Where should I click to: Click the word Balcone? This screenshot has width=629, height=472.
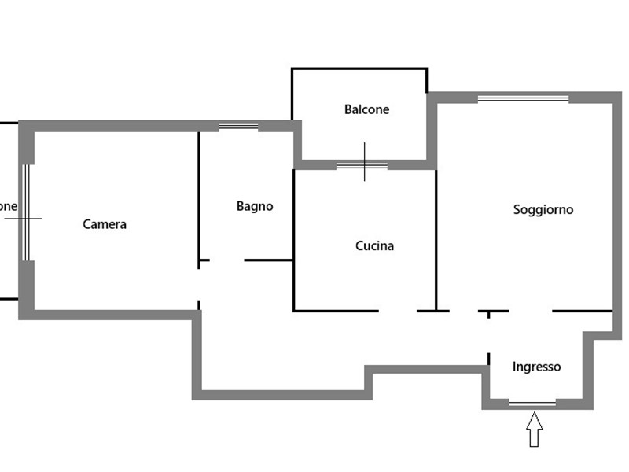[x=366, y=109]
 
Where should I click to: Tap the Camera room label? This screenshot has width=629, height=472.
[x=105, y=224]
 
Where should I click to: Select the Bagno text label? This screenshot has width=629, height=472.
[x=255, y=206]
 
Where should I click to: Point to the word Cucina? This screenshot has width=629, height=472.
[x=374, y=245]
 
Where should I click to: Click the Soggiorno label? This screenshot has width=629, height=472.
[x=543, y=209]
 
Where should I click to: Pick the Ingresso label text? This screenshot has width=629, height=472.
[x=536, y=367]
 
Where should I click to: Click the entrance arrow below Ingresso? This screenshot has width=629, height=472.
[x=534, y=430]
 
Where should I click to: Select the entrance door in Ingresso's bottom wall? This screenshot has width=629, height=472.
[x=532, y=404]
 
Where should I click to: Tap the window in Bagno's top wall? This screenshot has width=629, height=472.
[x=238, y=126]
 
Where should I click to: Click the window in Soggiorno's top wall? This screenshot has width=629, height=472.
[x=523, y=98]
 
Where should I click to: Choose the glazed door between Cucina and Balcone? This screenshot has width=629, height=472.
[x=362, y=165]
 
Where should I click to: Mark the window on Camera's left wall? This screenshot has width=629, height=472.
[x=26, y=212]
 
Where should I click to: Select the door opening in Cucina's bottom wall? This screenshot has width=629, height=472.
[x=397, y=311]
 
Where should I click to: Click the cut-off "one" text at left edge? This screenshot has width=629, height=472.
[x=8, y=206]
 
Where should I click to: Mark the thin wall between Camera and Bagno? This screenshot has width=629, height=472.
[x=199, y=197]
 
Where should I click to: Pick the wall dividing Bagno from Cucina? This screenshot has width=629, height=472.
[x=293, y=236]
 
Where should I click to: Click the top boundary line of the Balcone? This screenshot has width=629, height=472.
[x=359, y=68]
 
